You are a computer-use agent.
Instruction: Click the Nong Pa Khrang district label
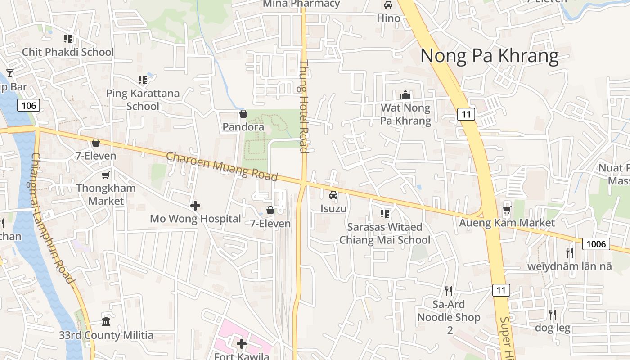489,56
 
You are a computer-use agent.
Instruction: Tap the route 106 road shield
29,106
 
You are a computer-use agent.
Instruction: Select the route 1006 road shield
596,244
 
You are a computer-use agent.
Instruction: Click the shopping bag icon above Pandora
243,114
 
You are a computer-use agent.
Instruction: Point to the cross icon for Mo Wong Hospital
195,206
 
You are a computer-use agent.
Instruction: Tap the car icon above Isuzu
333,195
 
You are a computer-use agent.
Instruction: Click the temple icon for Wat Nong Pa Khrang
405,95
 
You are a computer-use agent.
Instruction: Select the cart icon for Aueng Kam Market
507,210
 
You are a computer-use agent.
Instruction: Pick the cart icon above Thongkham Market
106,175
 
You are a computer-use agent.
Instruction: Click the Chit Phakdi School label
68,52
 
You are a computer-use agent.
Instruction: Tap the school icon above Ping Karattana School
143,80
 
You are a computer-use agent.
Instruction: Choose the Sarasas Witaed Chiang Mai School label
385,234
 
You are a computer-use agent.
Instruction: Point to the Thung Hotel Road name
304,107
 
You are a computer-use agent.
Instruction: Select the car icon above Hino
388,5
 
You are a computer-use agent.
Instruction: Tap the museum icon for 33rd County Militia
106,322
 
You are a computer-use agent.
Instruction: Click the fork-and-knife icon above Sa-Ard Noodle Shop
448,291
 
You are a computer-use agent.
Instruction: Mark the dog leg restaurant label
553,328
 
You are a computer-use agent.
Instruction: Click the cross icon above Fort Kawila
242,344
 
